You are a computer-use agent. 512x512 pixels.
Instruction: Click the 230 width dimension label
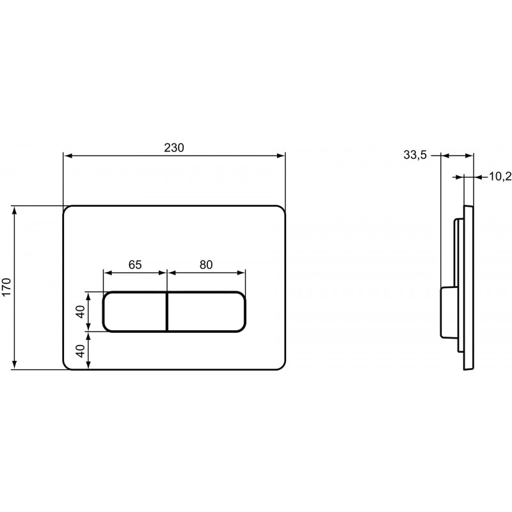pyautogui.click(x=174, y=148)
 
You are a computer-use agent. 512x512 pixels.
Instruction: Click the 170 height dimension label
pyautogui.click(x=7, y=287)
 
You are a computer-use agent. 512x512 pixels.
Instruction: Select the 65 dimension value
pyautogui.click(x=135, y=264)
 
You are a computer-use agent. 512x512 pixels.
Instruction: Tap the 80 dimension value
pyautogui.click(x=206, y=264)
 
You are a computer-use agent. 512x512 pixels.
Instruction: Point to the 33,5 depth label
pyautogui.click(x=415, y=155)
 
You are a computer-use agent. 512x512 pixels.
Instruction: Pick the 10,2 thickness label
pyautogui.click(x=500, y=177)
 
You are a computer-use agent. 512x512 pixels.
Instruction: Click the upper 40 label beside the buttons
pyautogui.click(x=81, y=312)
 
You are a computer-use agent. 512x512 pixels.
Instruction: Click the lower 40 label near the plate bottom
pyautogui.click(x=81, y=351)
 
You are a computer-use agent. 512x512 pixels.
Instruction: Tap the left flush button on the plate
pyautogui.click(x=135, y=312)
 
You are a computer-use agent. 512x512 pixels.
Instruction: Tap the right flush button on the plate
pyautogui.click(x=206, y=312)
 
